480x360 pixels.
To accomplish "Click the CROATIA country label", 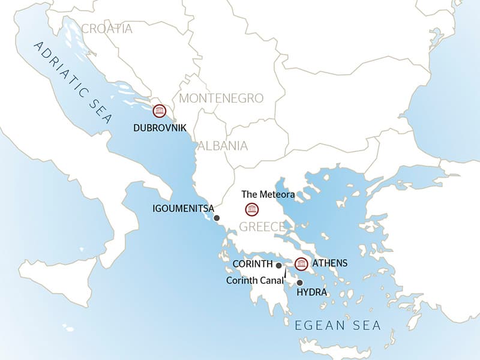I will (106, 29).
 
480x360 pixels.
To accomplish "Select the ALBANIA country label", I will (222, 145).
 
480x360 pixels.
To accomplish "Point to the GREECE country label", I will (262, 227).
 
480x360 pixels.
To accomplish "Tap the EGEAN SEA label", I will (338, 326).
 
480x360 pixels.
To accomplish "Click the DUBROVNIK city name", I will (161, 128).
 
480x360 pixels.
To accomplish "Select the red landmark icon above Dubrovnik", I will (159, 110).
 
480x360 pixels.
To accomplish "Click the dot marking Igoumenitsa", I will (217, 218).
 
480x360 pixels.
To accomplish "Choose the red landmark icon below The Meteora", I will (252, 209).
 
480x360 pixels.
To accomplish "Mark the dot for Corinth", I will (279, 265).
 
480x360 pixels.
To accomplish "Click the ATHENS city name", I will (330, 263).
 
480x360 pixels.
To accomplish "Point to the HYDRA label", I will (312, 293).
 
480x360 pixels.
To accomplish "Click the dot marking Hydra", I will (299, 283).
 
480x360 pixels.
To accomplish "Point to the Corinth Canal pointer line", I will (285, 274).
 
